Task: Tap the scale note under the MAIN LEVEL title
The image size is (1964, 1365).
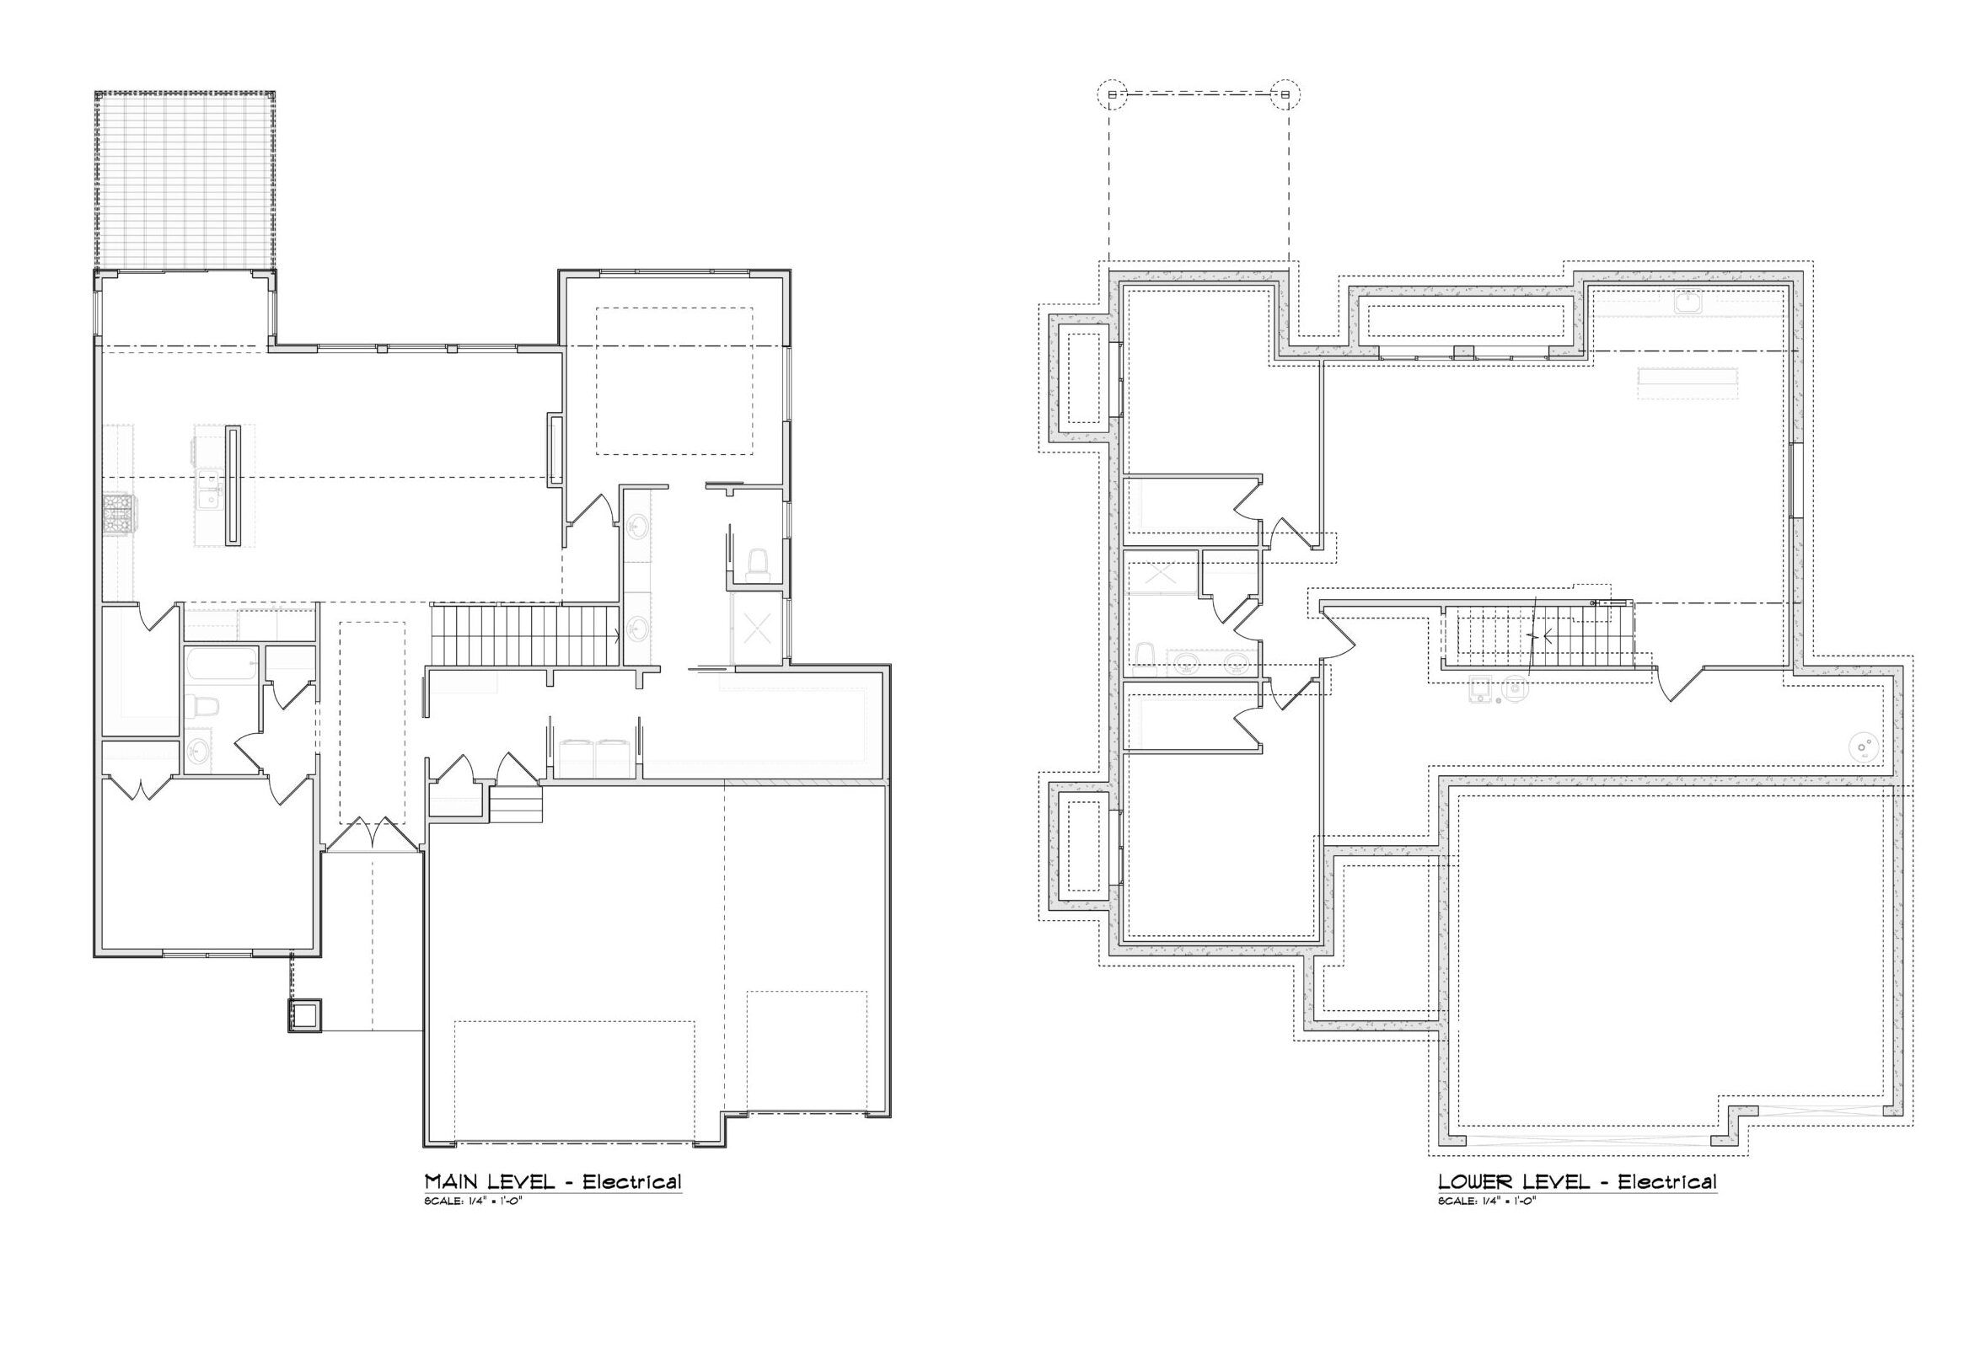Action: click(x=473, y=1202)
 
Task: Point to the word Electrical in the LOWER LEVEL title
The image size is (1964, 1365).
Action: click(x=1667, y=1182)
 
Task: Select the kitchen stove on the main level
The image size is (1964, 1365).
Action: click(x=117, y=515)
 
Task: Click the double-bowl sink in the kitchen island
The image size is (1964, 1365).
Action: click(x=208, y=490)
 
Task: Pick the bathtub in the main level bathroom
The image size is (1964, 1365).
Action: click(x=222, y=665)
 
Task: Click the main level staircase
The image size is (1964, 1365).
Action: click(x=524, y=634)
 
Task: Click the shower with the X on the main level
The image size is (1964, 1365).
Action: click(x=757, y=629)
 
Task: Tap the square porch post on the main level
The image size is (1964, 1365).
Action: click(x=304, y=1015)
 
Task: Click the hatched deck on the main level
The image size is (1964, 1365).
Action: click(x=185, y=179)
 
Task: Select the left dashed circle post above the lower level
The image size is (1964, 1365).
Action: click(x=1111, y=94)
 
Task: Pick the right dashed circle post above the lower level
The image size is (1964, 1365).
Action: click(x=1285, y=94)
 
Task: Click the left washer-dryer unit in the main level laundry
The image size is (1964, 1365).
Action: click(x=577, y=758)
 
